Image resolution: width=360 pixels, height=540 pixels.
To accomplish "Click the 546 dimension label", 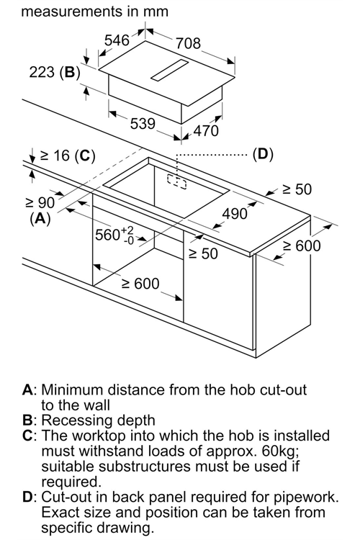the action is pos(117,40).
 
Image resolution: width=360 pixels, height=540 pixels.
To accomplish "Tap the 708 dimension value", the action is pos(188,44).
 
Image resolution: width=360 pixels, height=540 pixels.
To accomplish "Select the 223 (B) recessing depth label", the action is pos(55,72).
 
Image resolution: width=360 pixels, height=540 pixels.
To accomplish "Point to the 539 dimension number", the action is pos(143,123).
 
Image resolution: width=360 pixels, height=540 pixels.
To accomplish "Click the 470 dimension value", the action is pos(206,130).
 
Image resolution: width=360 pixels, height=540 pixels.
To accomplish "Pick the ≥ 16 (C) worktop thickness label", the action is pos(68,156).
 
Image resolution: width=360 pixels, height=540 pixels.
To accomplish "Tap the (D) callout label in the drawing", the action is pos(263,154).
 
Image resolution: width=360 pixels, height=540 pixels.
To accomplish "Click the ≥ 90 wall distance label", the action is pos(40,203).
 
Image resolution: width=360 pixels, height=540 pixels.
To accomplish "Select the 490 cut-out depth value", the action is pos(235,214).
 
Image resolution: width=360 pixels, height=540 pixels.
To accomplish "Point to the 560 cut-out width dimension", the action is pos(114,235).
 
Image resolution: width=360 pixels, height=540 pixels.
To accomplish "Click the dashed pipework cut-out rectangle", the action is pos(176,181).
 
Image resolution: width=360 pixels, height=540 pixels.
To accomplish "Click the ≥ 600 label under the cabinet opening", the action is pos(140,284).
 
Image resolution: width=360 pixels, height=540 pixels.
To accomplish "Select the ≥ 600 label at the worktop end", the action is pos(302,246).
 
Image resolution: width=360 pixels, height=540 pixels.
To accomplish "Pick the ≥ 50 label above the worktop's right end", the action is pos(297,189).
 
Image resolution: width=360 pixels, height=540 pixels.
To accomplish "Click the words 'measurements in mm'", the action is pos(95,12).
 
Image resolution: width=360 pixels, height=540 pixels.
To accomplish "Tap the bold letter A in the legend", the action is pos(28,390).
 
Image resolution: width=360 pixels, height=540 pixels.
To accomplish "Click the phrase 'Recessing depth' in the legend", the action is pos(98,420).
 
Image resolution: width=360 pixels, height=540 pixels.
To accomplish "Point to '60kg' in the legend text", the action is pos(279,451).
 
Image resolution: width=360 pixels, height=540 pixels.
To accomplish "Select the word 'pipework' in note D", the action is pos(305,497).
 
